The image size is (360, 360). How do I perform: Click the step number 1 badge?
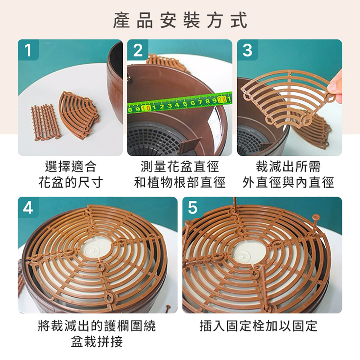coord(28,50)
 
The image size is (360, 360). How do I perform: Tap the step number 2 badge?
coord(138,50)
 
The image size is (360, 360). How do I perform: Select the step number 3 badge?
coord(247,50)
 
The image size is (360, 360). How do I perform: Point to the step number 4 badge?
coord(28,208)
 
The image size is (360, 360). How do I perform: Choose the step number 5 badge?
coord(193,208)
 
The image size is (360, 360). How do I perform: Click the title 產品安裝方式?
coord(180,20)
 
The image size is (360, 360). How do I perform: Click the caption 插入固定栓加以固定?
coord(258,326)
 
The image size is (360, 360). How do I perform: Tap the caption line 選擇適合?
coord(71,166)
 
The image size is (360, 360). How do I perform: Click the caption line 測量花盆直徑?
coord(180,166)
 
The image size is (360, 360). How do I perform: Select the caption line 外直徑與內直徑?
coord(288,183)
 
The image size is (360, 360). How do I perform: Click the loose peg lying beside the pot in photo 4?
coord(168,309)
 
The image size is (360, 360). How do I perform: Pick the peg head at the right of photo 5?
coord(316,216)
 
